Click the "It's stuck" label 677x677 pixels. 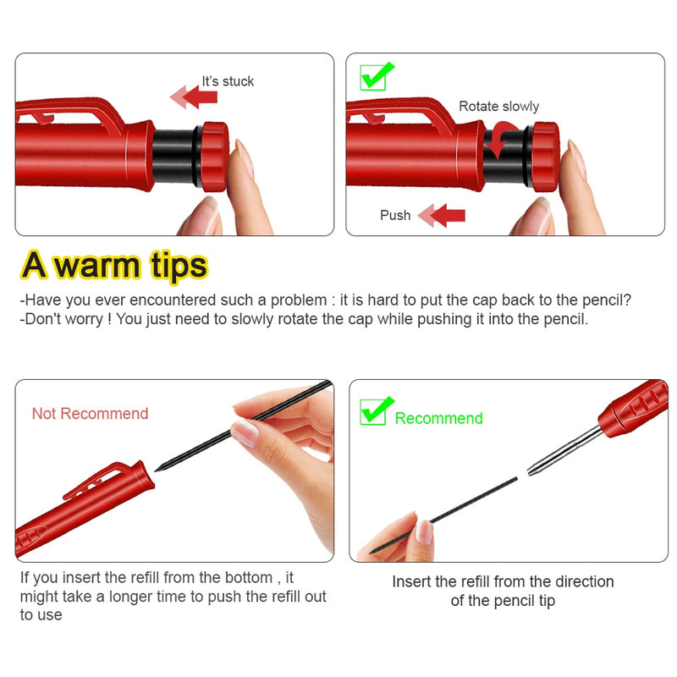tap(227, 81)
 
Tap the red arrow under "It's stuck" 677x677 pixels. tap(194, 98)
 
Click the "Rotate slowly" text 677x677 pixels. tap(498, 107)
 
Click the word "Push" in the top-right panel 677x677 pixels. tap(395, 216)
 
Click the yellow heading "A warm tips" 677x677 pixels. tap(114, 265)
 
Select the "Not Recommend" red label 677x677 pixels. tap(90, 414)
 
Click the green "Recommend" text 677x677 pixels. tap(438, 419)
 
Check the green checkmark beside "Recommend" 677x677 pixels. tap(377, 411)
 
